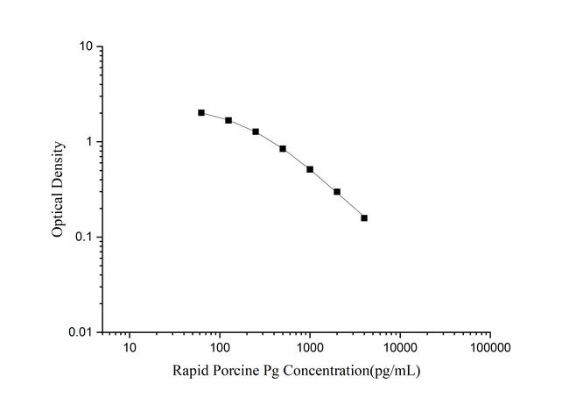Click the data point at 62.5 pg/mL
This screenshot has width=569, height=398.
pos(201,112)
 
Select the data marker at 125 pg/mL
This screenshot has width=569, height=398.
pos(228,120)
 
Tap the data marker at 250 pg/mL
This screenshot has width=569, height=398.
pos(256,131)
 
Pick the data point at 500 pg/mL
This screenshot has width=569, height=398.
pos(283,149)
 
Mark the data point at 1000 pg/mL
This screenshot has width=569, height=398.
pos(310,169)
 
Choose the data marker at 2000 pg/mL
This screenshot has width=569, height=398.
pos(337,192)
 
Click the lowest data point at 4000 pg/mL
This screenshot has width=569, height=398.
pos(364,217)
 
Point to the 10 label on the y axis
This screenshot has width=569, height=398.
pos(87,46)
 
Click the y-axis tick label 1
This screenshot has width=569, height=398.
pos(90,142)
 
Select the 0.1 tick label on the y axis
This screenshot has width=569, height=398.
pos(84,238)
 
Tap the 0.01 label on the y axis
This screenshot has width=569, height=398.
pos(81,333)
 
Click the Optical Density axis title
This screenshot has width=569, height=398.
pos(58,189)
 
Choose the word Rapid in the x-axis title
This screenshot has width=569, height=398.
pos(190,372)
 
